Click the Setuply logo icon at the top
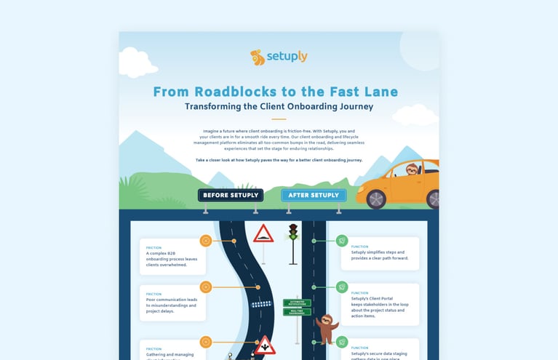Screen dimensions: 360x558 (x=256, y=57)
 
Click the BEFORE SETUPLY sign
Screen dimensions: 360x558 (x=231, y=195)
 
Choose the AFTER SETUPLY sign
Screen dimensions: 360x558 (x=314, y=195)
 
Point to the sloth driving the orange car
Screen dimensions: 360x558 (x=412, y=172)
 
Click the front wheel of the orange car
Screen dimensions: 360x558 (x=376, y=199)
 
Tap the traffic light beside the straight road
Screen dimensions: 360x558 (x=293, y=232)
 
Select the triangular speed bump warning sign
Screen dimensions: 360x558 (x=263, y=234)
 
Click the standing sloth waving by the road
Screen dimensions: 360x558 (x=326, y=329)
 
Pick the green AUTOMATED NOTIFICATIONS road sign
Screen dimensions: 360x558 (x=297, y=303)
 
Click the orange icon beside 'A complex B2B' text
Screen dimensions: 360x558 (x=206, y=241)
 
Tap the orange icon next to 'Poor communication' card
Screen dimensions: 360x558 (x=206, y=287)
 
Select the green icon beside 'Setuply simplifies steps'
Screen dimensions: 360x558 (x=342, y=241)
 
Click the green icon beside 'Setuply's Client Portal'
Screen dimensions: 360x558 (x=342, y=287)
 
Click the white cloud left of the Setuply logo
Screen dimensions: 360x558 (x=138, y=61)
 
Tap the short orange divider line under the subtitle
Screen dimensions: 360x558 (x=279, y=119)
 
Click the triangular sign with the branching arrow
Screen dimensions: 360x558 (x=264, y=345)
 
